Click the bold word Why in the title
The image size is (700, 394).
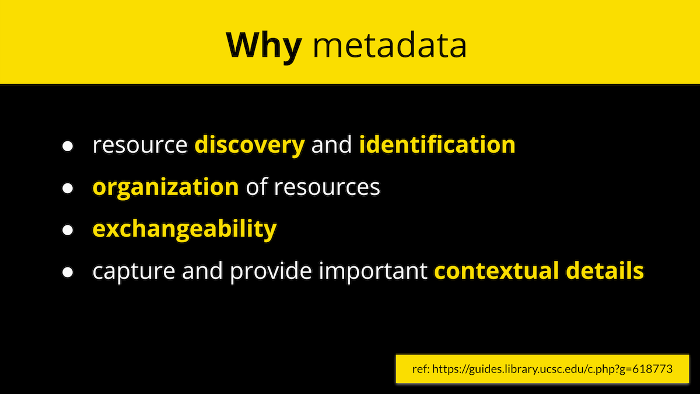click(x=264, y=47)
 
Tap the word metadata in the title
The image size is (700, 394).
click(x=390, y=45)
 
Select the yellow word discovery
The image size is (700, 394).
click(x=250, y=145)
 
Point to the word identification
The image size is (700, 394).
click(x=437, y=144)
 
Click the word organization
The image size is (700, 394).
click(x=166, y=187)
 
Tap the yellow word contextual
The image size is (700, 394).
click(x=496, y=270)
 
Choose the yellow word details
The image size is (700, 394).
click(x=605, y=270)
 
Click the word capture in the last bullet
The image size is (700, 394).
click(x=134, y=272)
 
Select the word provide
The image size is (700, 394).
click(x=271, y=271)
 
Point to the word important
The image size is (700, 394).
click(x=373, y=271)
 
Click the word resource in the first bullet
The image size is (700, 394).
click(x=140, y=146)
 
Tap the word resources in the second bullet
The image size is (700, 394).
click(x=327, y=188)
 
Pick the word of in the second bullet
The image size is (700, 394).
click(x=257, y=187)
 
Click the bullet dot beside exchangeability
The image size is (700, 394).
click(x=68, y=231)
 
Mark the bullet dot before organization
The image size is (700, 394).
click(x=68, y=188)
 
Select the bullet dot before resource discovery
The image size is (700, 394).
click(x=68, y=147)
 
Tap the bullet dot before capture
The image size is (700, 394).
click(x=68, y=273)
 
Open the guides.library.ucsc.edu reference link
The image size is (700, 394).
click(x=552, y=369)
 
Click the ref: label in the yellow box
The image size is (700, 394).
click(x=421, y=369)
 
